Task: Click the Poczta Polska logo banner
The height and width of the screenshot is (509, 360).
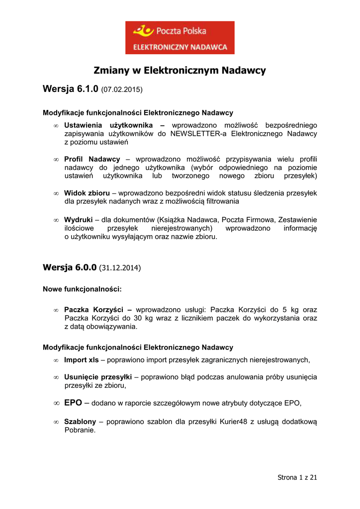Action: (180, 37)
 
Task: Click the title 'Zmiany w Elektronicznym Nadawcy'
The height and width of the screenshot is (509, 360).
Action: (180, 71)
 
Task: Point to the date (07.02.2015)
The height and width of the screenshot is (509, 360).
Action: (122, 90)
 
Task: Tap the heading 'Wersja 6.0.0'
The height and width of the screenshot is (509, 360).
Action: (70, 267)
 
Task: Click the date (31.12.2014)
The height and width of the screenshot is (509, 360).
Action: (120, 268)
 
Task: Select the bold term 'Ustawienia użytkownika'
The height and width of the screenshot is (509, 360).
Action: (114, 125)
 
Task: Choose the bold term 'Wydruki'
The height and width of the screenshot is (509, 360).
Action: (78, 220)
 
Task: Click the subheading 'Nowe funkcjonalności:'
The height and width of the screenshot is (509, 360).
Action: (82, 288)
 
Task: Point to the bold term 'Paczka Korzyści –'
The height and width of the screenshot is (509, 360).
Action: (98, 309)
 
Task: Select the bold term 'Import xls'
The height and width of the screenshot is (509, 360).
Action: (82, 359)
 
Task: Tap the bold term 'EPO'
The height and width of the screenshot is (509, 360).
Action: (74, 403)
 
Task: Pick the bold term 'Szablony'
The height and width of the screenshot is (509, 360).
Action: (80, 422)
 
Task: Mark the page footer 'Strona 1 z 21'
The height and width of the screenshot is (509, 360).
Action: (297, 478)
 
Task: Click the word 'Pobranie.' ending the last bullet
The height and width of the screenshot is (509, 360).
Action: (80, 430)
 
